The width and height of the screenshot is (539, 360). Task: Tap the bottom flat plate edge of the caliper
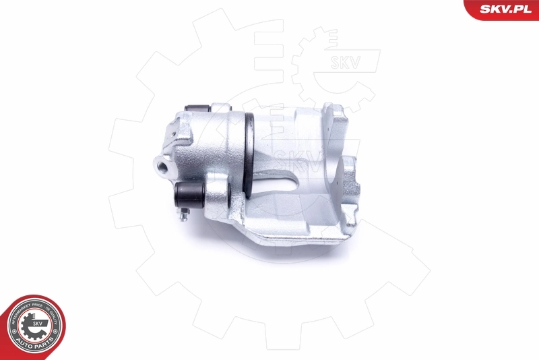296,236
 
